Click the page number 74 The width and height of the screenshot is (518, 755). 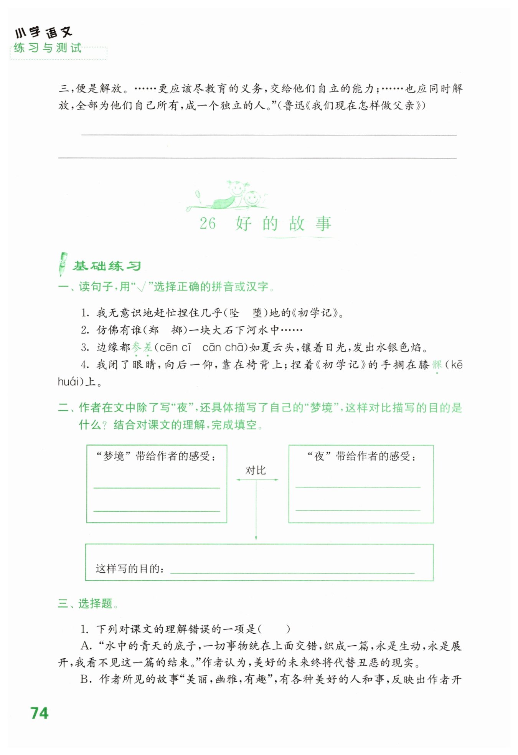coord(40,713)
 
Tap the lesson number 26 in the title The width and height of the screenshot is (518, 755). coord(208,223)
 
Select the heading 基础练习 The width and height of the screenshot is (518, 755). coord(107,266)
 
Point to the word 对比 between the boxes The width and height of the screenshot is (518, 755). coord(256,470)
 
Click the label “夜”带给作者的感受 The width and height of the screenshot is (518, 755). coord(361,456)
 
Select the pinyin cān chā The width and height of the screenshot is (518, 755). coord(223,347)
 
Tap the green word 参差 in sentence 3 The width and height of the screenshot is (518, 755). coord(142,347)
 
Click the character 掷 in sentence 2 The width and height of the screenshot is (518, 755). coord(177,330)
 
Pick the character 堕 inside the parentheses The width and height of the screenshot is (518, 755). coord(257,313)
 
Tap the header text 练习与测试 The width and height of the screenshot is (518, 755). coord(48,48)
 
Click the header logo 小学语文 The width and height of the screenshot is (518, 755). coord(43,33)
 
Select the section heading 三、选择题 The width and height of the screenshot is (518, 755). coord(88,603)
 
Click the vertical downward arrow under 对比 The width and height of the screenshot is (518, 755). coord(256,510)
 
